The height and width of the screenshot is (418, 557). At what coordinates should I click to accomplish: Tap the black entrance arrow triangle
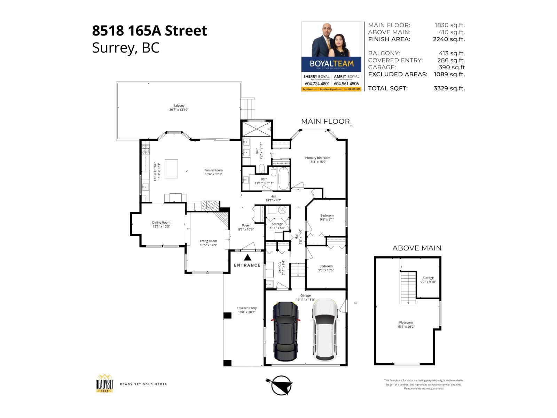tap(248, 258)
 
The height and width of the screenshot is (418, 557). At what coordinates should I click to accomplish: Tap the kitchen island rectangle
tap(171, 169)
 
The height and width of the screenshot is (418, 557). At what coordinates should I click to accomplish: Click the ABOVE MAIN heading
tap(417, 248)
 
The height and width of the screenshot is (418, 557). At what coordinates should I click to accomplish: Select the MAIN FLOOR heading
tap(325, 121)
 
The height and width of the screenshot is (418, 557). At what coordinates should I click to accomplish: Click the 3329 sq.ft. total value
tap(449, 88)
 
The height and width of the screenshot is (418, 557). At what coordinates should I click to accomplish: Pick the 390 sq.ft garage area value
tap(452, 67)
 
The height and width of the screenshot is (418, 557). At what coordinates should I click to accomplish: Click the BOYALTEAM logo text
tap(331, 64)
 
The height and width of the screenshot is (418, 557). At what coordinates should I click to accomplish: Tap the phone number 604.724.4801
tap(317, 84)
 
